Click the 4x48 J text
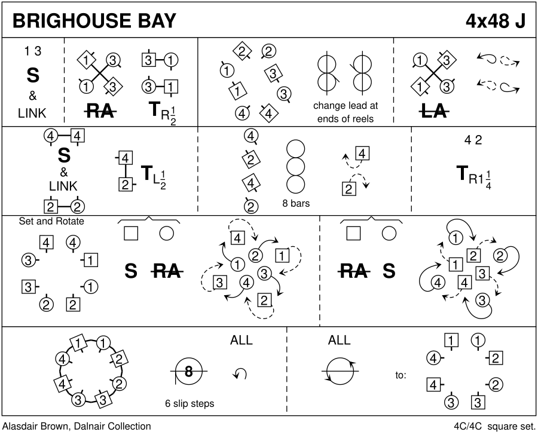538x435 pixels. pyautogui.click(x=496, y=20)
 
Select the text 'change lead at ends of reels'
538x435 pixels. pyautogui.click(x=346, y=111)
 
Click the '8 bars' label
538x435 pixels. pyautogui.click(x=296, y=203)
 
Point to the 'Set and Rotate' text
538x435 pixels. pyautogui.click(x=52, y=221)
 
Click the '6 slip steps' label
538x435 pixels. pyautogui.click(x=189, y=403)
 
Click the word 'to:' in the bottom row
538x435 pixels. pyautogui.click(x=401, y=375)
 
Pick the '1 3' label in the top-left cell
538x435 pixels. pyautogui.click(x=33, y=51)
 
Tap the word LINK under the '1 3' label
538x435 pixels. pyautogui.click(x=33, y=113)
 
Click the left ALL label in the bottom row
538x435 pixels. pyautogui.click(x=242, y=341)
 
